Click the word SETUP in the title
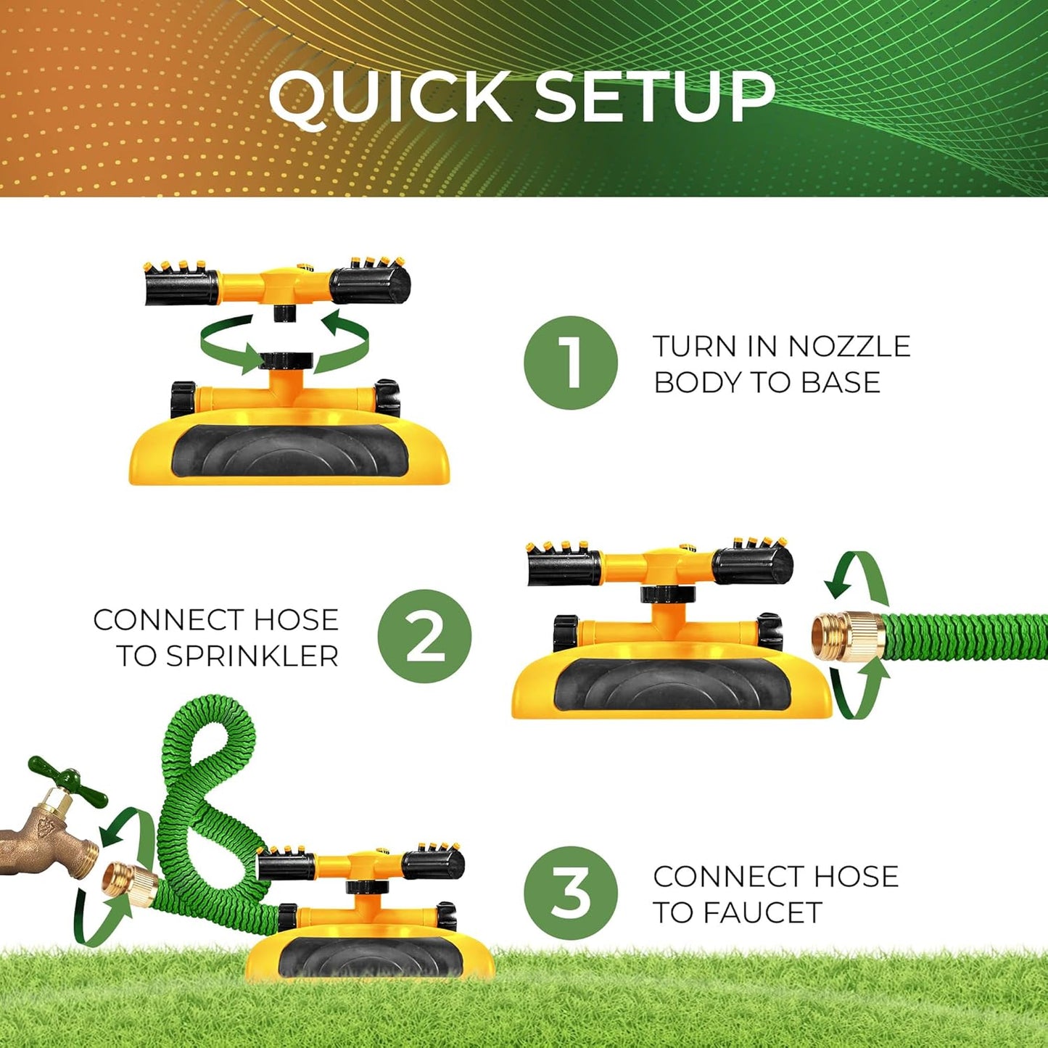(655, 96)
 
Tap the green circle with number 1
(571, 363)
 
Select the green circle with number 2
(424, 636)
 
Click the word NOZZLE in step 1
(849, 347)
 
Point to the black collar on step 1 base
(286, 360)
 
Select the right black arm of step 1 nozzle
(371, 285)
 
